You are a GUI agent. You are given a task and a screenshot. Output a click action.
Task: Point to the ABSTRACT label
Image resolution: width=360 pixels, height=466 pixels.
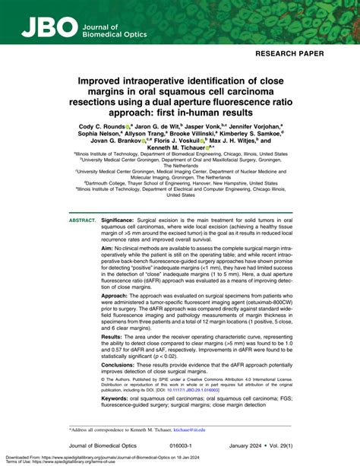pos(83,220)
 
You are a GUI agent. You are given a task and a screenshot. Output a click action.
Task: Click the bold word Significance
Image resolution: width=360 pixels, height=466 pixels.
pos(125,220)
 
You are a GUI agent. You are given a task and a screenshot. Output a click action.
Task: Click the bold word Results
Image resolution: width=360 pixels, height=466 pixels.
pos(116,356)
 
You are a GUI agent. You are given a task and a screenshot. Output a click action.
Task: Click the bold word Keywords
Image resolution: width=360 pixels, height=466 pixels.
pos(120,419)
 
